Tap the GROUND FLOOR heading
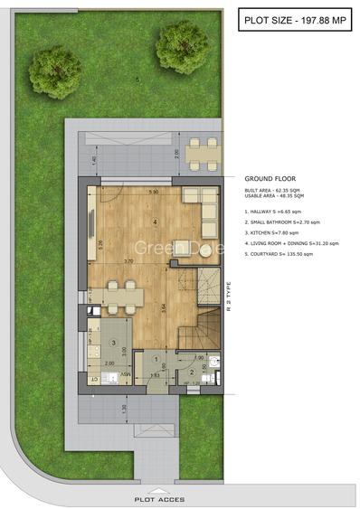pyautogui.click(x=270, y=179)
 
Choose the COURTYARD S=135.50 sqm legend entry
pyautogui.click(x=284, y=254)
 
